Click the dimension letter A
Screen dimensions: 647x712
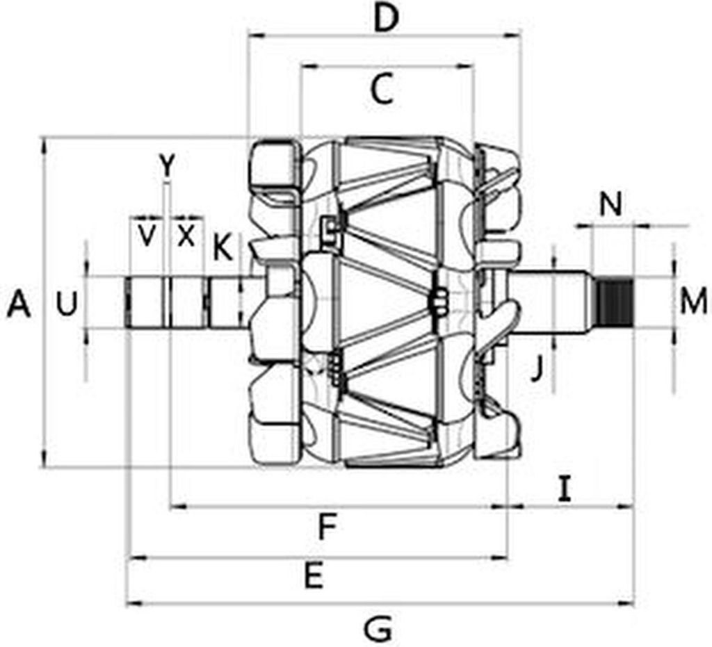(x=19, y=304)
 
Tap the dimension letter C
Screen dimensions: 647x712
(x=383, y=90)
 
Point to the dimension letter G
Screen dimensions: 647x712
(x=378, y=629)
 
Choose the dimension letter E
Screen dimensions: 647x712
(x=314, y=577)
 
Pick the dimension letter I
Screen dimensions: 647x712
(x=565, y=489)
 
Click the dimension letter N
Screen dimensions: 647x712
(x=610, y=204)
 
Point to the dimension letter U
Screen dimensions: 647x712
(x=66, y=304)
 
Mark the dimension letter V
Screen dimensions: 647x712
(x=146, y=236)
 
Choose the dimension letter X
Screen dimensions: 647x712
(x=186, y=236)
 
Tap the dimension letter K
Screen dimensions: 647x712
(x=222, y=247)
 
